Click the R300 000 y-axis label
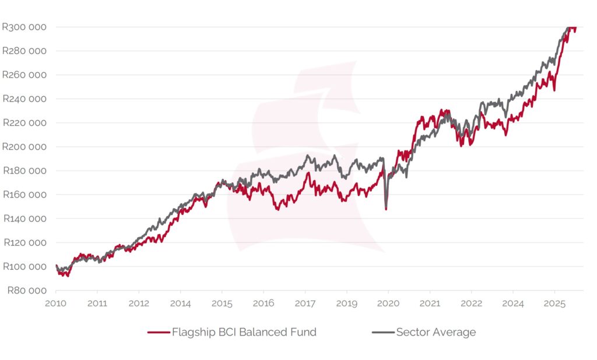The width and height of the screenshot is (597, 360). point(24,27)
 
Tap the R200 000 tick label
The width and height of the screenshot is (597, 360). point(24,147)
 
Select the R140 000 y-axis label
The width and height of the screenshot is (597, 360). point(24,219)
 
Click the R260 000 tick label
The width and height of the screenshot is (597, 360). point(24,75)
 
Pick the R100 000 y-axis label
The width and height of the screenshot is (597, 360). point(24,267)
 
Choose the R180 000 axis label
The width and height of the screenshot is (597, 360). point(24,171)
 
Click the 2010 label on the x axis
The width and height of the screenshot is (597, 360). point(55,303)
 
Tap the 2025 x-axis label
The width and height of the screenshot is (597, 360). point(554,303)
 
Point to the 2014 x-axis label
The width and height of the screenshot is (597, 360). point(180,303)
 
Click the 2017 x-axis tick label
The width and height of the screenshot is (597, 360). point(305,303)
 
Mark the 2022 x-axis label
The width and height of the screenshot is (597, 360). point(471,303)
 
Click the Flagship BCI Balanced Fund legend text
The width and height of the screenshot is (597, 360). point(244,333)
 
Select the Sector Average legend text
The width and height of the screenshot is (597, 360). point(436,333)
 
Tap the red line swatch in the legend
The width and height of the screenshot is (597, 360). point(157,333)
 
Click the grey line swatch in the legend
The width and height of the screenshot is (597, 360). point(382,333)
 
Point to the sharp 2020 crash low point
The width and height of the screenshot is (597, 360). point(386,208)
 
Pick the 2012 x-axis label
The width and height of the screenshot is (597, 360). point(139,303)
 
